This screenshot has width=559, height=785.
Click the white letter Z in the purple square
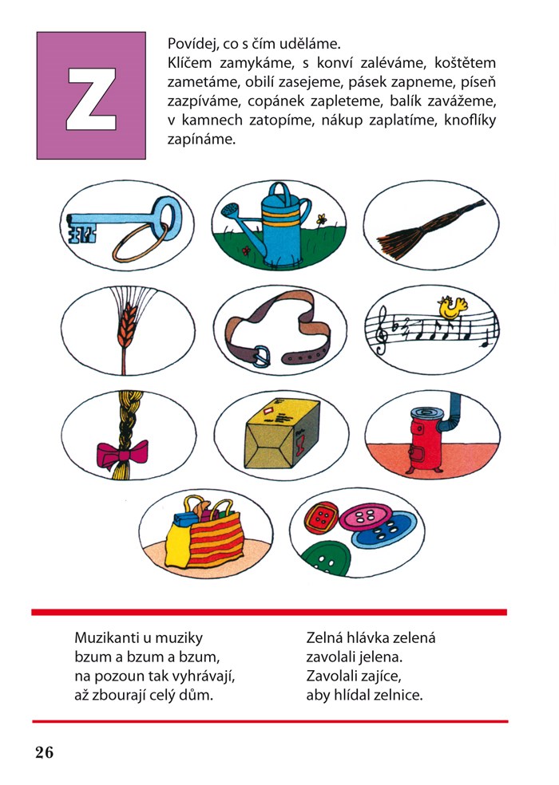pyautogui.click(x=91, y=99)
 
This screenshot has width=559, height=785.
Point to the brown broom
pyautogui.click(x=430, y=230)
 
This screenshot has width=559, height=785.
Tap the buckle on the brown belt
pyautogui.click(x=261, y=356)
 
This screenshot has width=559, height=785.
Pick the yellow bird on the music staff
pyautogui.click(x=452, y=306)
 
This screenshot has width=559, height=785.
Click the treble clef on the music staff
pyautogui.click(x=383, y=330)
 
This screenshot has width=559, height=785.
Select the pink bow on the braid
pyautogui.click(x=122, y=454)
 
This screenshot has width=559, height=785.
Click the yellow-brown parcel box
pyautogui.click(x=282, y=434)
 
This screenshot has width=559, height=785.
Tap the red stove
pyautogui.click(x=425, y=440)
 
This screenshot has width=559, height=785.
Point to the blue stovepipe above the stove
pyautogui.click(x=450, y=413)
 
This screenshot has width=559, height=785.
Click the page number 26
pyautogui.click(x=44, y=752)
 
